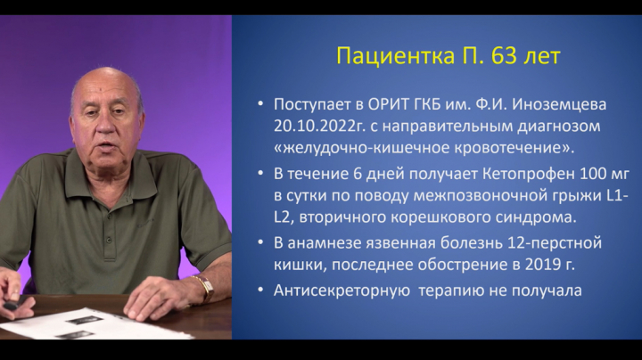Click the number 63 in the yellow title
point(504,55)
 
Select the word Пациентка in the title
point(395,56)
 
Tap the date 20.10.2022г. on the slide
point(319,126)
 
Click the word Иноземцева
point(559,105)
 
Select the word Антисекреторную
point(342,290)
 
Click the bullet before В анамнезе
point(260,242)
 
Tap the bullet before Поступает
point(260,104)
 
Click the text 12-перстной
point(555,243)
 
